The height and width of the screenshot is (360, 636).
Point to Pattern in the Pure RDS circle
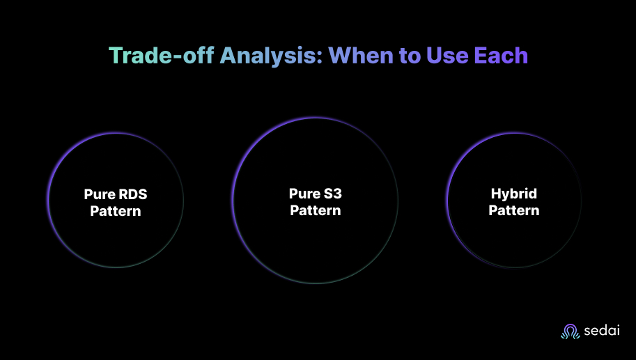point(116,210)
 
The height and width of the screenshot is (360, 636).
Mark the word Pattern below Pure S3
point(316,210)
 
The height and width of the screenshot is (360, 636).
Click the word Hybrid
point(514,194)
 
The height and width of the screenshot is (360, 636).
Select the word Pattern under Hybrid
point(514,210)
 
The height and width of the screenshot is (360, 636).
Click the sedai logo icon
point(571,331)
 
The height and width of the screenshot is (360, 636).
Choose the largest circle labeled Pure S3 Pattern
point(316,251)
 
